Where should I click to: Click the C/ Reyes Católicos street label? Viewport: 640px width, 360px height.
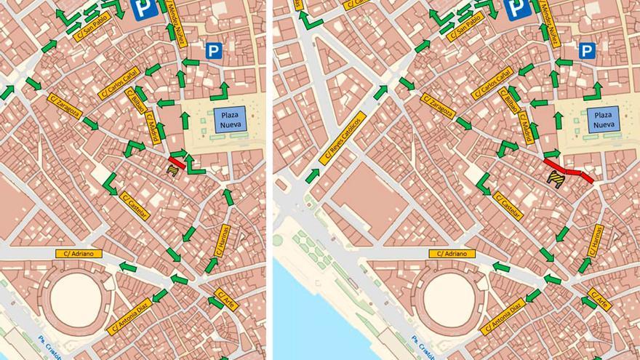point(340,138)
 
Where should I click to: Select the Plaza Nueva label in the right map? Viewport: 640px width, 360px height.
point(603,120)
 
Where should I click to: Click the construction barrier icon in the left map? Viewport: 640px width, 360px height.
point(173,169)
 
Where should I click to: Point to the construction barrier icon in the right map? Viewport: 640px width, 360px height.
point(557,180)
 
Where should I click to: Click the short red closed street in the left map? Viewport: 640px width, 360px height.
point(177,161)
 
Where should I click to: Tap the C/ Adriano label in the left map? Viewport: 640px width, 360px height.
point(79,254)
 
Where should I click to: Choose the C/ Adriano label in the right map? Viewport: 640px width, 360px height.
point(452,254)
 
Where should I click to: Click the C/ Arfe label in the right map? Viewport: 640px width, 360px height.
point(599,298)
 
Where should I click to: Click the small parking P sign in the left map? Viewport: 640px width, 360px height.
point(214,51)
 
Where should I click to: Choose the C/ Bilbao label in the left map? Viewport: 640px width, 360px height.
point(136,101)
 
